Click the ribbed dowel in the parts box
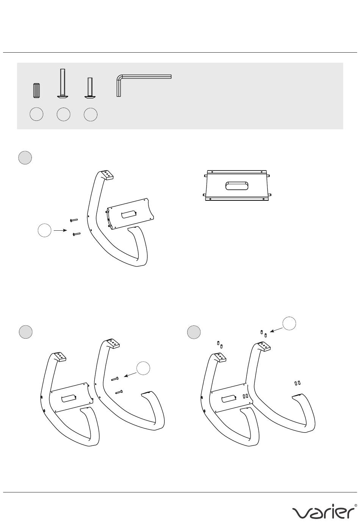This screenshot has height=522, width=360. coord(36,91)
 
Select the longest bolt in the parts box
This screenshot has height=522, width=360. coord(63,84)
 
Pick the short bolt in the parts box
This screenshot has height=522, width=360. coord(90,88)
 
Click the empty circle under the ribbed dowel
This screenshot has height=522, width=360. coord(37,114)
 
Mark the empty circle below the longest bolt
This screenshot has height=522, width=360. coord(63,114)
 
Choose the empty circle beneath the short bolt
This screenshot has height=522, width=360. coord(91,114)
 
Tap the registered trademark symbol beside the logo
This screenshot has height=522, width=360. coord(355,505)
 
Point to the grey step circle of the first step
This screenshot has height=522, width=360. coord(25,158)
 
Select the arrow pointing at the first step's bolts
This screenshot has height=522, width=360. coord(60,230)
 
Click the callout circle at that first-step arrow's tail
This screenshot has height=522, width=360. coord(45,230)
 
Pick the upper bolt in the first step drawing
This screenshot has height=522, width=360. coord(74,220)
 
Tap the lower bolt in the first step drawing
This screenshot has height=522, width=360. coord(77,234)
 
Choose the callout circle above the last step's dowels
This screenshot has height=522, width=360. coord(289,323)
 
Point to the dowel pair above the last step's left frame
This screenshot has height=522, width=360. coord(219,344)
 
